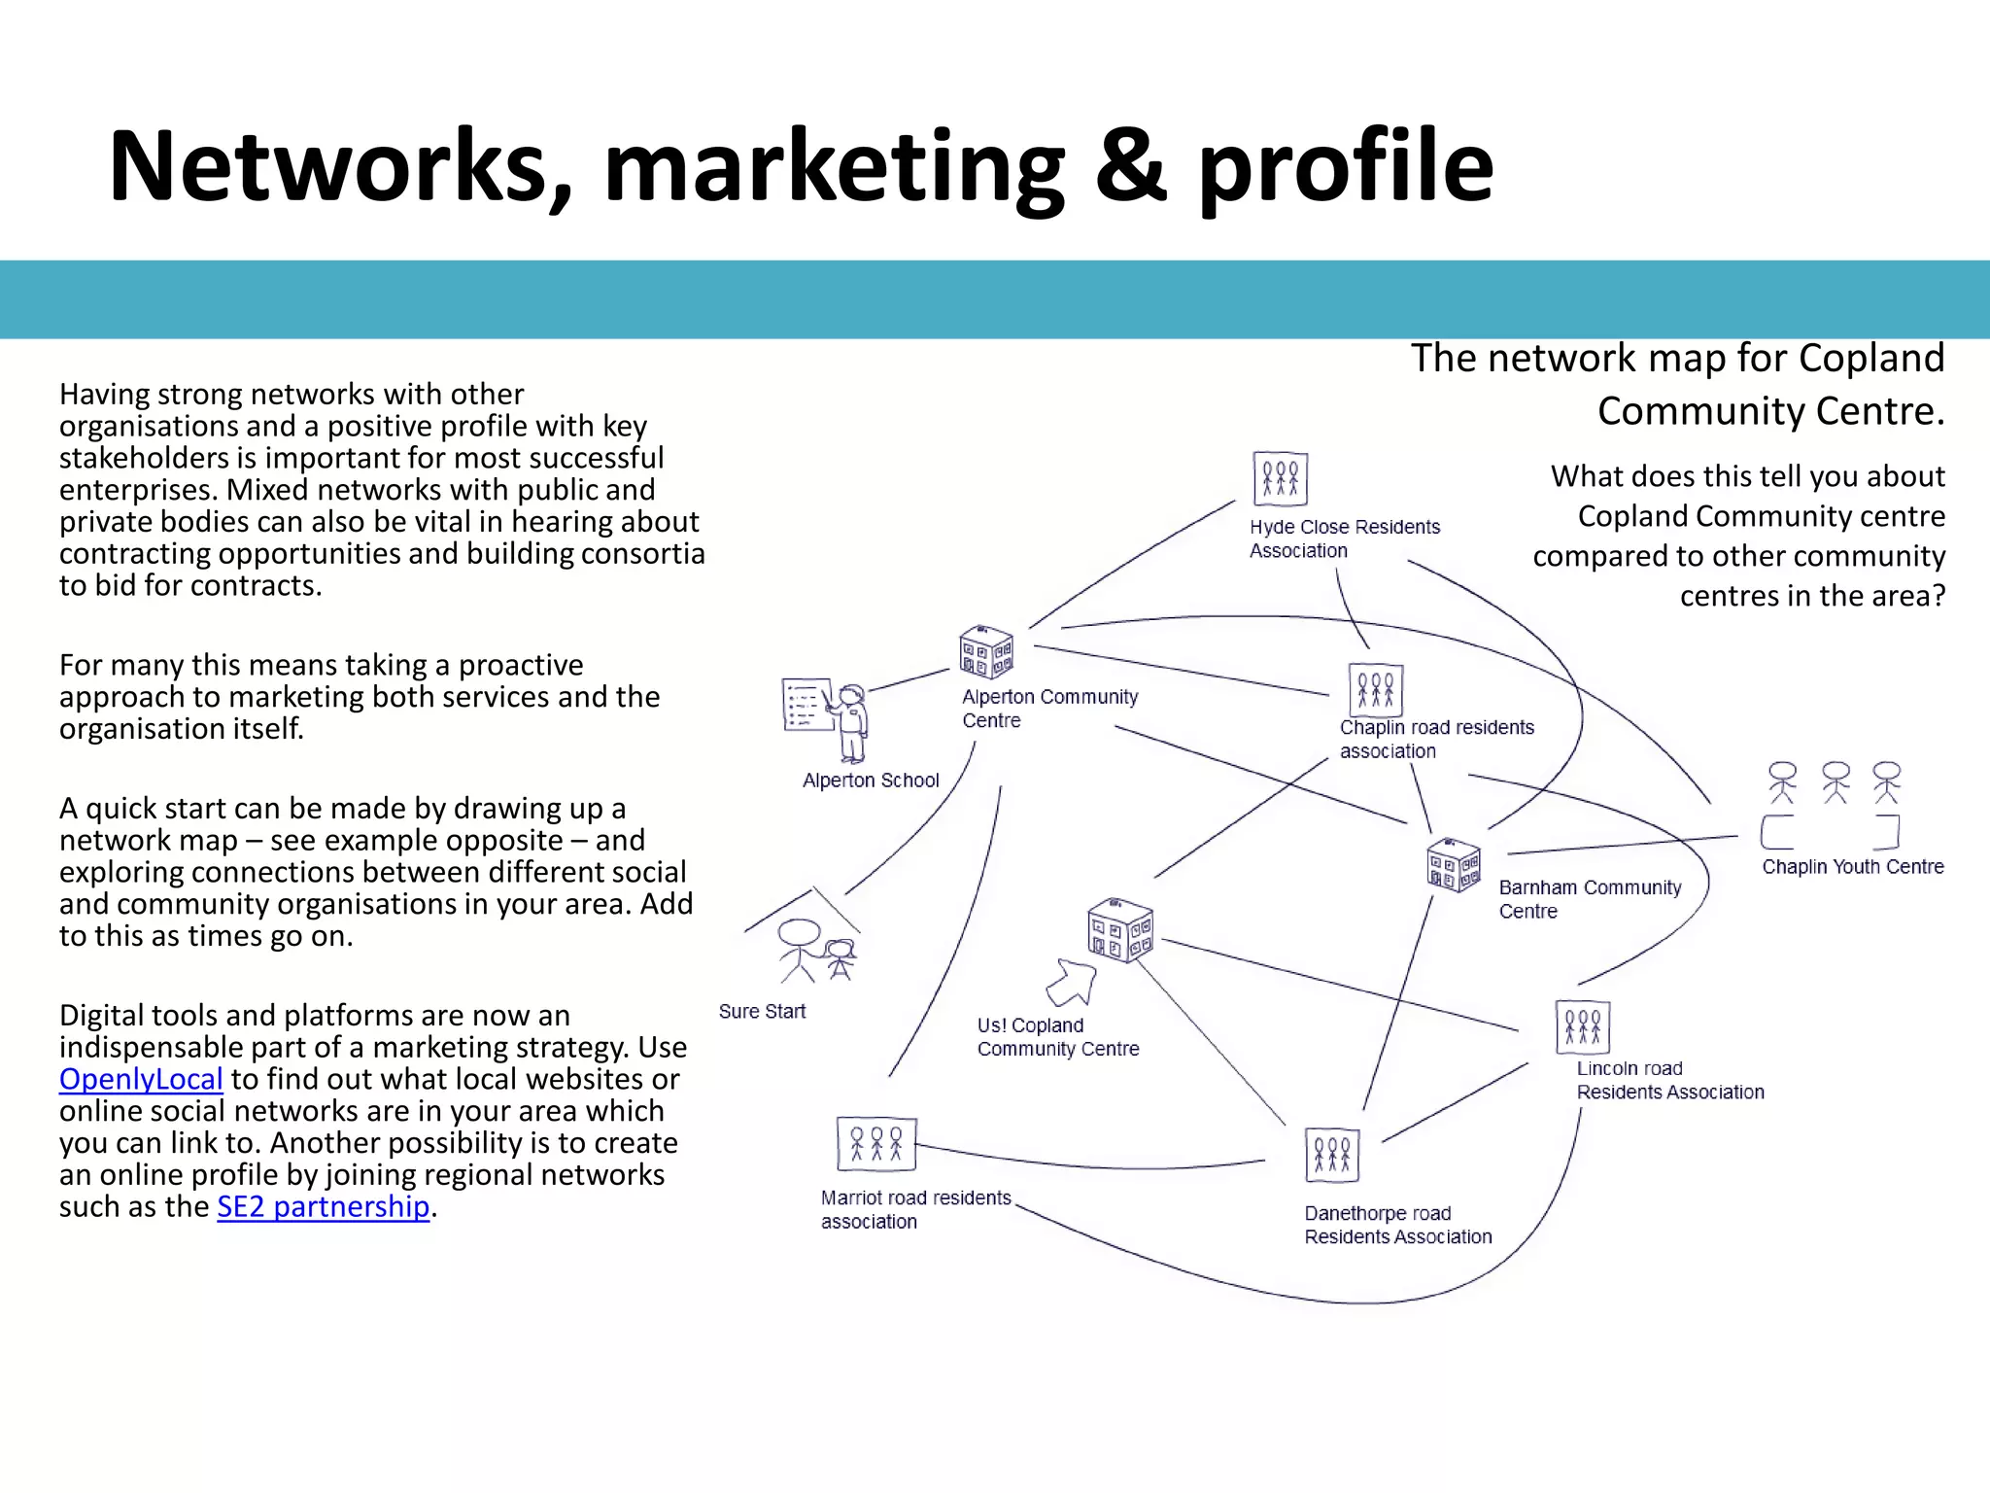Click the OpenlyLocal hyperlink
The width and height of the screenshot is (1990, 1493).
(x=141, y=1079)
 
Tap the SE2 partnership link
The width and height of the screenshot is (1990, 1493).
(x=323, y=1206)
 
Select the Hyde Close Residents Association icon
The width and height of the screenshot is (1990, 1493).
(x=1280, y=478)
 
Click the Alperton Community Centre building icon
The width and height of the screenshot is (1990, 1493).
(x=986, y=651)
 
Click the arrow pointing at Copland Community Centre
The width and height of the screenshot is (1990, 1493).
(x=1073, y=982)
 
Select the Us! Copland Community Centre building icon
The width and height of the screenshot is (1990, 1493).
(x=1120, y=930)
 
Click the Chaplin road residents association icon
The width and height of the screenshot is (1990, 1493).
(x=1375, y=689)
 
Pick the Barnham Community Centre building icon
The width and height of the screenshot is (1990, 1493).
(x=1454, y=864)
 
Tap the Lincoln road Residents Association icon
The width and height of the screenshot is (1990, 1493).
(x=1583, y=1026)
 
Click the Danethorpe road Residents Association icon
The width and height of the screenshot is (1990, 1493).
(x=1331, y=1155)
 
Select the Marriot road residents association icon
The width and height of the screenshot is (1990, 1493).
(x=876, y=1144)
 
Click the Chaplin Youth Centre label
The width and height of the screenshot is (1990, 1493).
(x=1853, y=867)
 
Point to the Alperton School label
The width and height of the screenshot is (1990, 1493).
(x=871, y=781)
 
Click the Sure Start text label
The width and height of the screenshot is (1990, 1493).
(x=762, y=1012)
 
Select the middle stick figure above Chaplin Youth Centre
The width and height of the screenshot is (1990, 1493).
(x=1836, y=782)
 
